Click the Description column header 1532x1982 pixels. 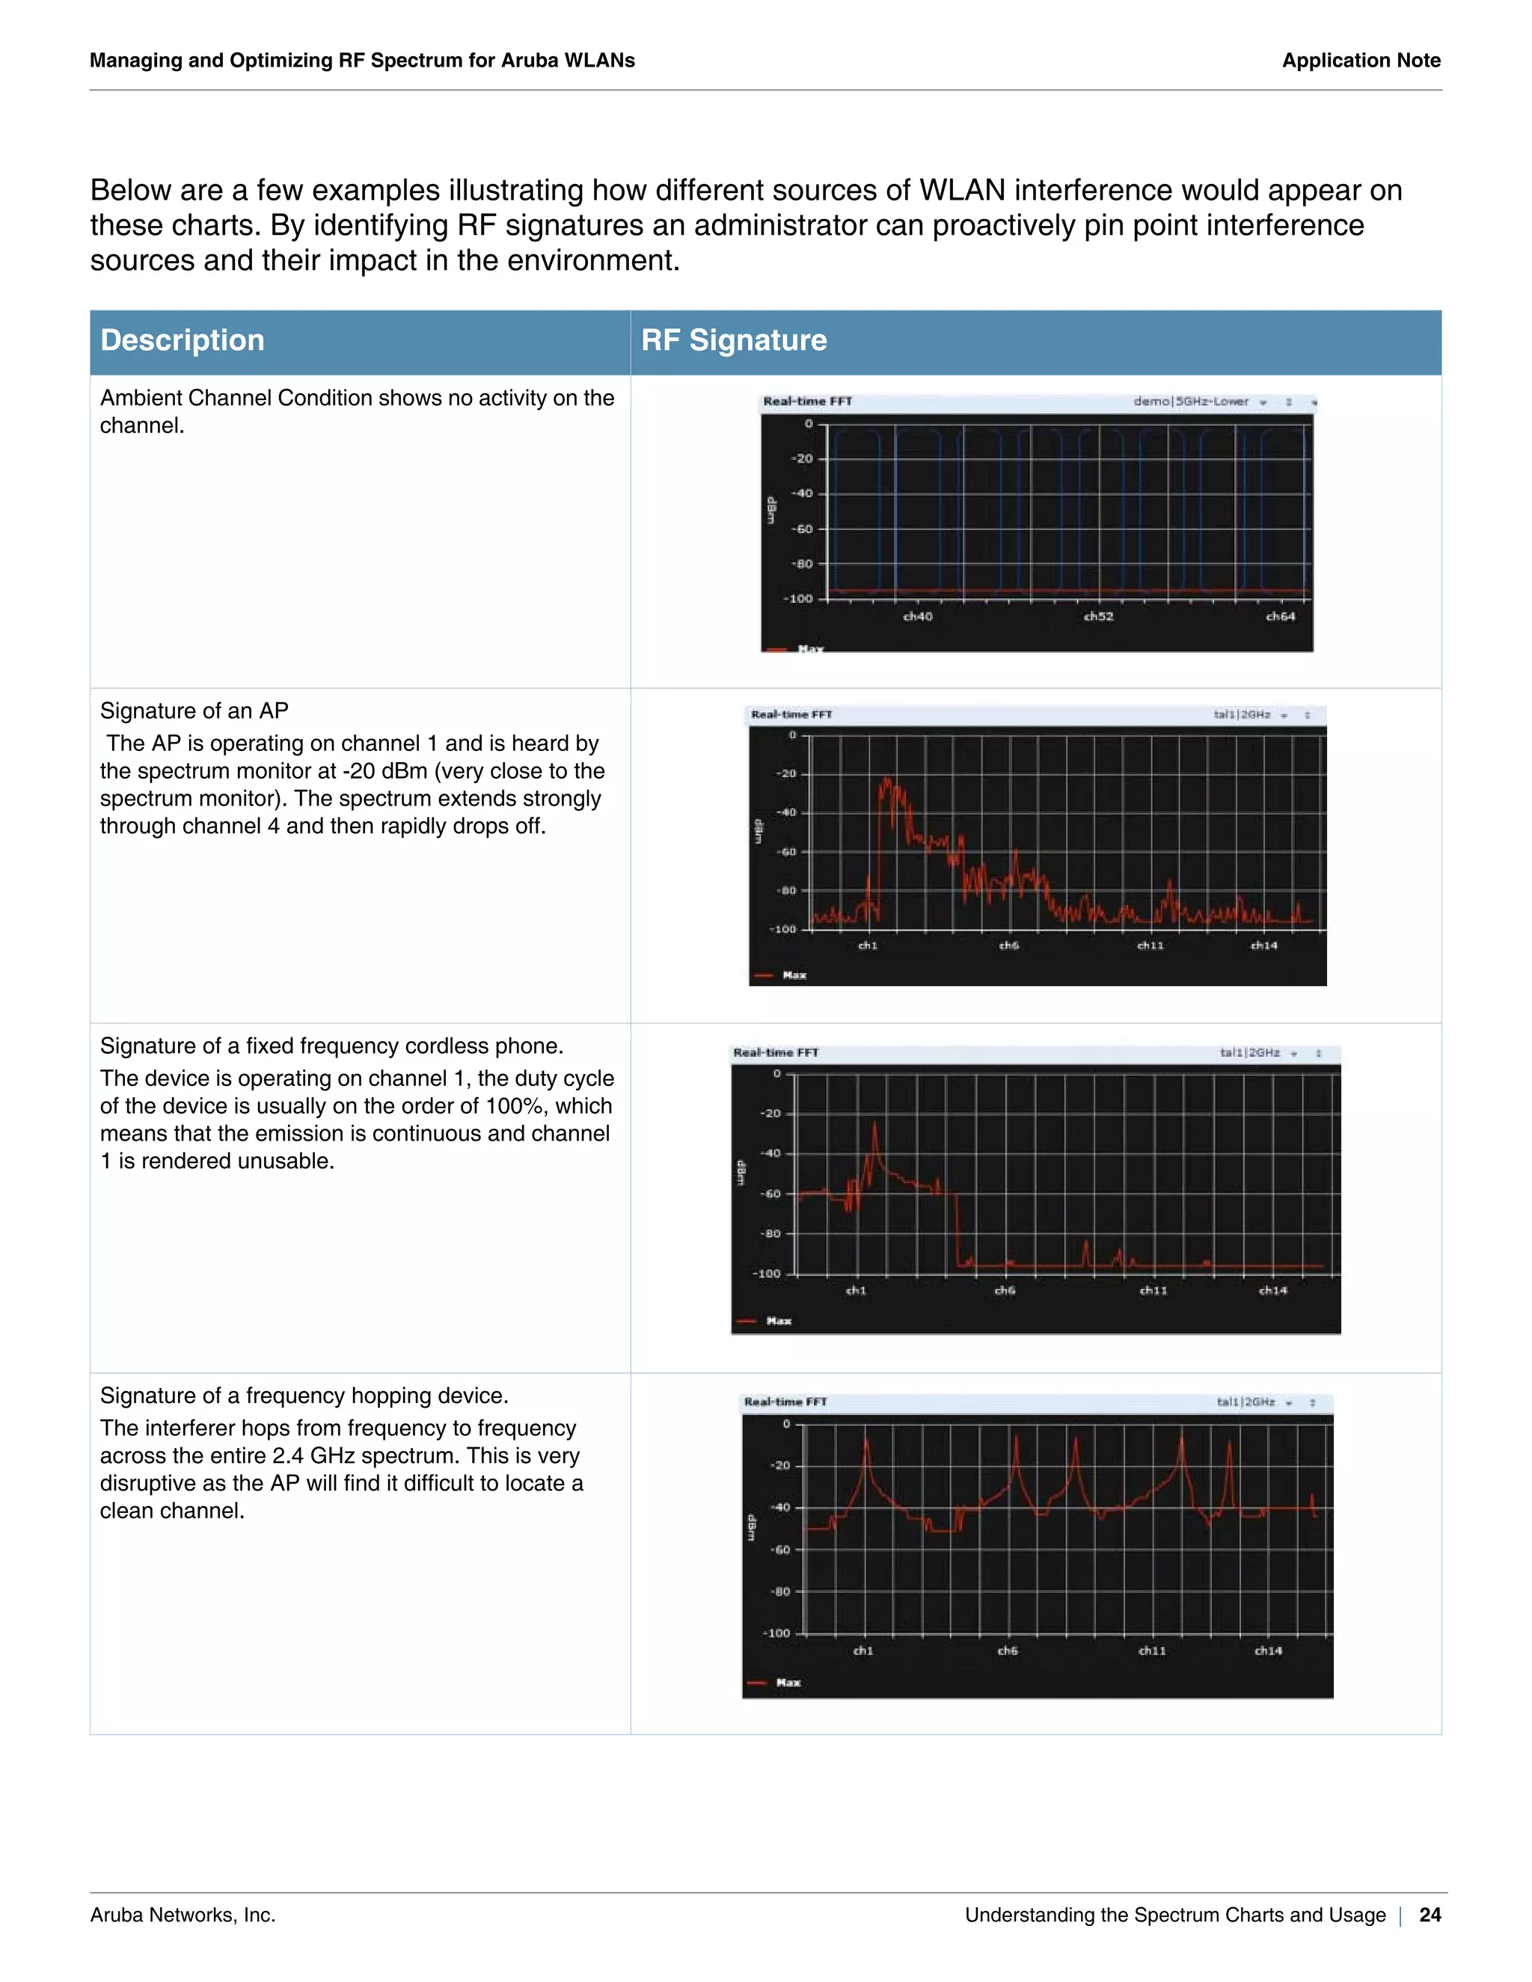point(182,340)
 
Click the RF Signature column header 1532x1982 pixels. point(733,340)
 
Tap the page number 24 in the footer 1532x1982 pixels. point(1430,1915)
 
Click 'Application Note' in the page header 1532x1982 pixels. point(1361,61)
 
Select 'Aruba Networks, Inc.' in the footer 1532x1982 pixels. point(183,1915)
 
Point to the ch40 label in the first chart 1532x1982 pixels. point(918,617)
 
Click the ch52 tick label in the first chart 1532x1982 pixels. point(1098,617)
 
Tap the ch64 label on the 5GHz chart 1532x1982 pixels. point(1280,617)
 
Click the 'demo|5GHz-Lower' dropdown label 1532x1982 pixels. point(1191,401)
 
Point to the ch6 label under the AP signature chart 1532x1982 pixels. point(1009,945)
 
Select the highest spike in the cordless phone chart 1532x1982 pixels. point(876,1126)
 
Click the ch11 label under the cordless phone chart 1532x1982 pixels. point(1153,1290)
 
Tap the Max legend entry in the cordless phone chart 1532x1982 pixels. point(778,1322)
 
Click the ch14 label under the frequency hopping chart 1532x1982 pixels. point(1268,1651)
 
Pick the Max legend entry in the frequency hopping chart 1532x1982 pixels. point(788,1684)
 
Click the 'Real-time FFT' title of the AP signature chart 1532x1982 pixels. point(791,715)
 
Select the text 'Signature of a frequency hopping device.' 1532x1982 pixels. point(304,1396)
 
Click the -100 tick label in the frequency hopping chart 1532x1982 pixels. point(778,1633)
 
